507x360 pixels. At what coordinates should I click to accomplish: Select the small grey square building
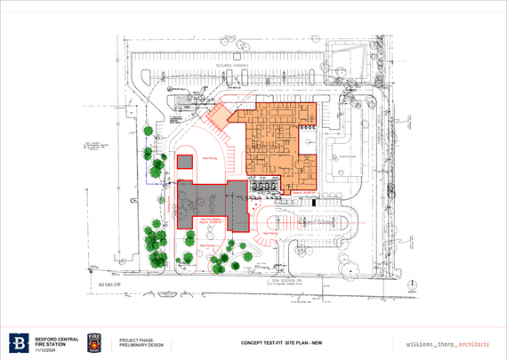(x=184, y=163)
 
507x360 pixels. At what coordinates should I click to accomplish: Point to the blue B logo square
(x=19, y=343)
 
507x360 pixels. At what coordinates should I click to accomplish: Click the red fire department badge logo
(x=93, y=343)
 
